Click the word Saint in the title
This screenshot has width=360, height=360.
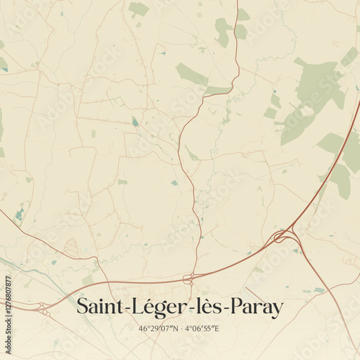tap(99, 307)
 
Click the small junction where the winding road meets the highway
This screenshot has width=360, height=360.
tap(189, 279)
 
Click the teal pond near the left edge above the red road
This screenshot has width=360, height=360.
tap(19, 214)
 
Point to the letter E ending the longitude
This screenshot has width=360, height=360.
tap(217, 328)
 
